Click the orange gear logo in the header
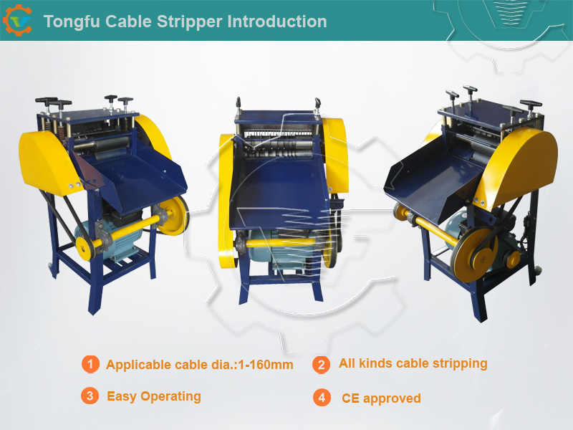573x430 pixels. click(17, 21)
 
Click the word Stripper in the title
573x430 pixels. click(190, 22)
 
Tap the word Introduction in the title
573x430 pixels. click(277, 21)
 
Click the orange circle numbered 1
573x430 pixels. click(90, 364)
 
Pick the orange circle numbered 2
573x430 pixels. click(321, 365)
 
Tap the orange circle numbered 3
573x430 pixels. click(90, 396)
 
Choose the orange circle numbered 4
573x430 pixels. click(322, 398)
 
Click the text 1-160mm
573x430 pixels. click(266, 365)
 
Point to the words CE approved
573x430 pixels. click(381, 398)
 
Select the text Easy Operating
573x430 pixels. click(154, 397)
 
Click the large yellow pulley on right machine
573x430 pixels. click(475, 254)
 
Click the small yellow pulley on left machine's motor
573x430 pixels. click(85, 247)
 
